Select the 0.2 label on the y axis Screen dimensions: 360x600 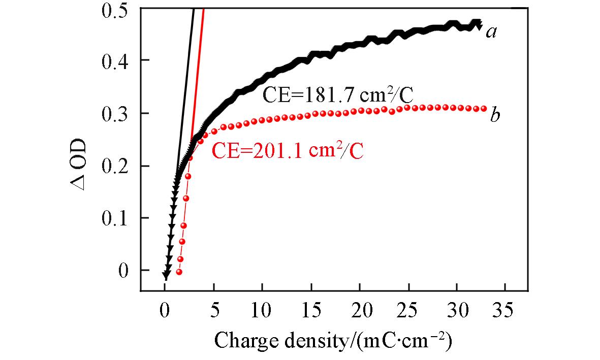point(116,166)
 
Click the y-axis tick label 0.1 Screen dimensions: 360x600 point(116,218)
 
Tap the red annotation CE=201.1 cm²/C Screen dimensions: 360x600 point(288,151)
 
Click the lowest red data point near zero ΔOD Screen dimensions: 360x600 point(179,272)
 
